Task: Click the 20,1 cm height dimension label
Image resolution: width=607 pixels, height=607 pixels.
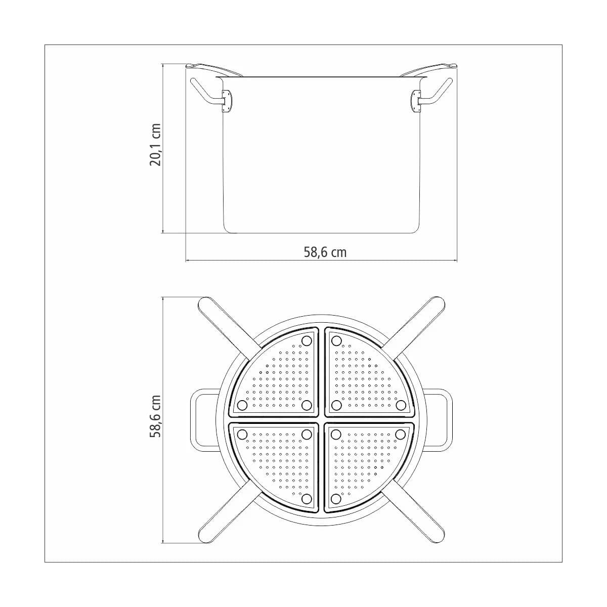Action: click(155, 145)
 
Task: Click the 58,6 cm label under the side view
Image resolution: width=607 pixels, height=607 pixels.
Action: click(325, 252)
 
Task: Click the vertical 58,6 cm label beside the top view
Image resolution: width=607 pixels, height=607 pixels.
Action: click(155, 416)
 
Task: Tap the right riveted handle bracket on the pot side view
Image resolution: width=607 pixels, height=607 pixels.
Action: click(416, 101)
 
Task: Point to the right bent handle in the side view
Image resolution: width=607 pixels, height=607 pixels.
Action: click(436, 93)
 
